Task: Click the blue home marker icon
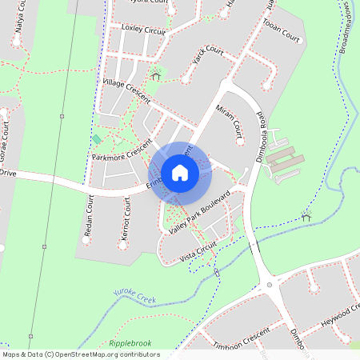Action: coord(180,173)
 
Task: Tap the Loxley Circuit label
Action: coord(142,30)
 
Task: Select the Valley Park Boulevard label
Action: coord(200,212)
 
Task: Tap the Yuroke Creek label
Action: coord(135,297)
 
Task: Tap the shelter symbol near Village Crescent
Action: coord(155,76)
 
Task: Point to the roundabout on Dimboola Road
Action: coord(270,284)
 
